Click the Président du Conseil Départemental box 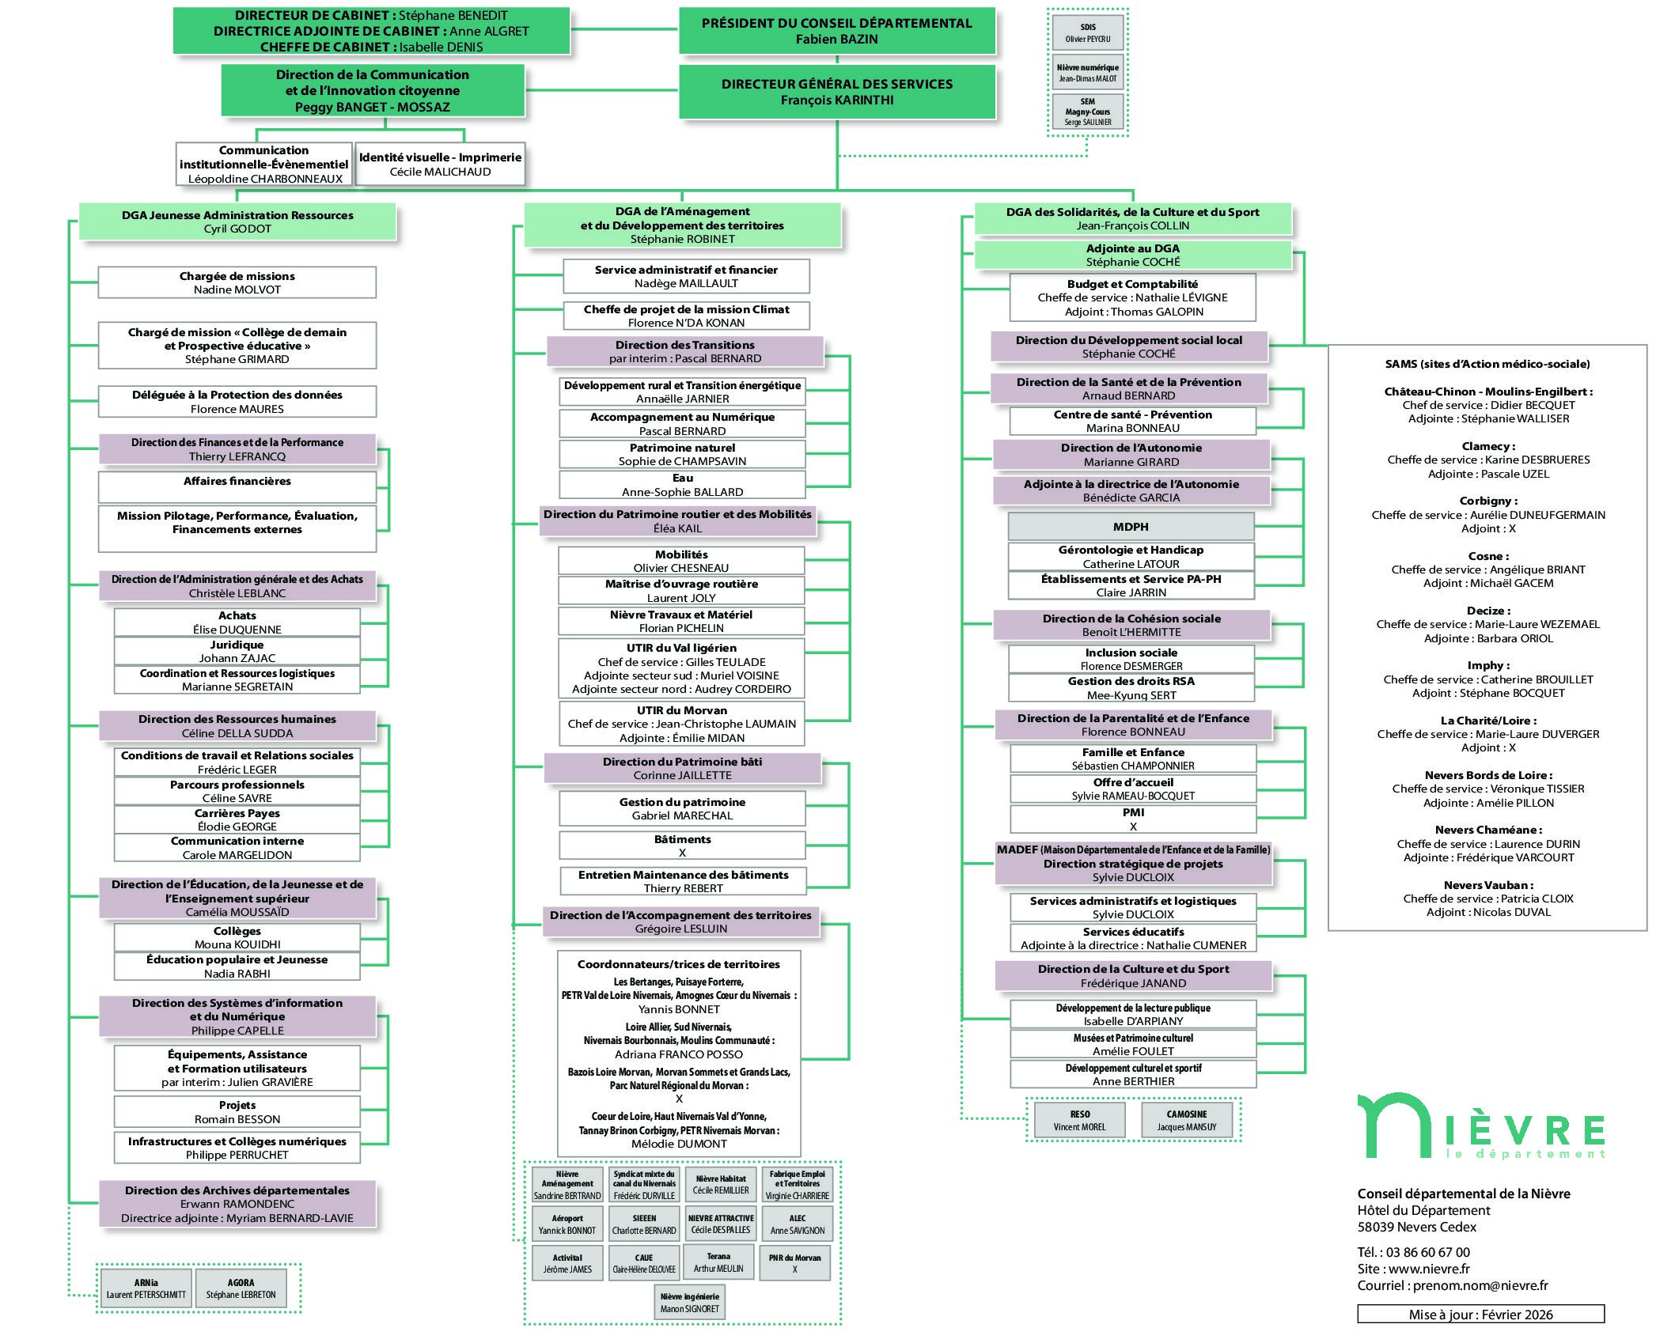pyautogui.click(x=836, y=31)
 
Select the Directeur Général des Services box pyautogui.click(x=836, y=92)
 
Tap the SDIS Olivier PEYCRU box pyautogui.click(x=1087, y=33)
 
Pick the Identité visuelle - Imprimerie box pyautogui.click(x=440, y=165)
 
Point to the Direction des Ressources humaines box pyautogui.click(x=237, y=725)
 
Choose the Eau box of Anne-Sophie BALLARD pyautogui.click(x=682, y=485)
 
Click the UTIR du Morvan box pyautogui.click(x=681, y=724)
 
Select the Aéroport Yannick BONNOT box pyautogui.click(x=567, y=1224)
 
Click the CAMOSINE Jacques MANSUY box pyautogui.click(x=1186, y=1120)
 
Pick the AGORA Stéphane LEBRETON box pyautogui.click(x=241, y=1288)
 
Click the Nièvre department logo pyautogui.click(x=1480, y=1127)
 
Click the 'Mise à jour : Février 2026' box pyautogui.click(x=1480, y=1315)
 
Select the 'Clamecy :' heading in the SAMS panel pyautogui.click(x=1487, y=446)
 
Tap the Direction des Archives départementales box pyautogui.click(x=237, y=1204)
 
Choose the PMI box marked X pyautogui.click(x=1132, y=819)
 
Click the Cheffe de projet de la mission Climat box pyautogui.click(x=686, y=316)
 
